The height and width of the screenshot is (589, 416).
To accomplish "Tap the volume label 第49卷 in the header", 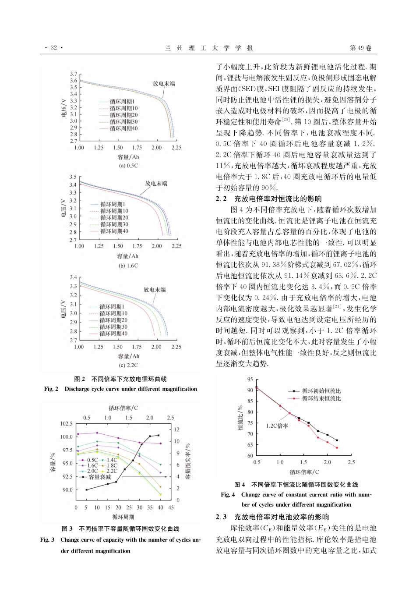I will (x=360, y=48).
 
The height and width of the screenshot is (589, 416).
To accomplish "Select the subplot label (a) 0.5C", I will (x=128, y=166).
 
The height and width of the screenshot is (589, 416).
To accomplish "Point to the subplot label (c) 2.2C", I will (x=128, y=365).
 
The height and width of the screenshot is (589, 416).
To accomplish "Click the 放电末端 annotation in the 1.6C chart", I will (x=156, y=184).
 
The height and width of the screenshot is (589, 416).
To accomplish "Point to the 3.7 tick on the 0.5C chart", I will (x=73, y=74).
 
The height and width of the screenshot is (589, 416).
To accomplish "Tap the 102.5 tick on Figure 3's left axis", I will (x=66, y=424).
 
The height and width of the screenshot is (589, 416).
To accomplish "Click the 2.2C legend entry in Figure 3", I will (x=112, y=471).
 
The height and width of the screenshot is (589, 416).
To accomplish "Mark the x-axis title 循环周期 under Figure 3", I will (x=123, y=517).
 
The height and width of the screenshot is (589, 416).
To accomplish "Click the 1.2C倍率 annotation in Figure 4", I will (x=277, y=426).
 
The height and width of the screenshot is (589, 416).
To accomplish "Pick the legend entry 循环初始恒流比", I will (x=321, y=391).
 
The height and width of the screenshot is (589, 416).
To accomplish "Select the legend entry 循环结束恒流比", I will (x=321, y=398).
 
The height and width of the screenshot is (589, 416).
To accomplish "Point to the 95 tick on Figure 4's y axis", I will (x=250, y=380).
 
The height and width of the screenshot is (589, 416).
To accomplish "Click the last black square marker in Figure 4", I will (x=337, y=440).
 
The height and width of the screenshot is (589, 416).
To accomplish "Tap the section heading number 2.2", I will (x=221, y=199).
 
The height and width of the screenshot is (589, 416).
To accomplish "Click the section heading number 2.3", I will (x=221, y=517).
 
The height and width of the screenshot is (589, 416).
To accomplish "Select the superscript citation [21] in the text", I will (x=338, y=306).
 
